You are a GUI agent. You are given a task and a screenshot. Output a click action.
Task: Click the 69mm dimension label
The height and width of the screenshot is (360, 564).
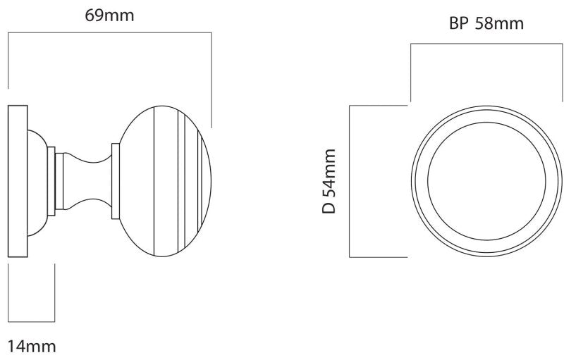click(109, 15)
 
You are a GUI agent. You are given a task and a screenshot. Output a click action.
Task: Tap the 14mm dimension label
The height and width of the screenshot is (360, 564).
click(32, 347)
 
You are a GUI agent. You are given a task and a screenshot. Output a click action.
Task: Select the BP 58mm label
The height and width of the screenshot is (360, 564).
click(486, 23)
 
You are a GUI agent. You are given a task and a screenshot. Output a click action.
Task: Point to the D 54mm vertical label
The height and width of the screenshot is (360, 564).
click(329, 181)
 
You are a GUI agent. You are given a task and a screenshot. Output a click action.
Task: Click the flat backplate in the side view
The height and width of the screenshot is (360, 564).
click(18, 181)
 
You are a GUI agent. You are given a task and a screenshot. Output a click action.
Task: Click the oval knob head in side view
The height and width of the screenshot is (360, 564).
click(165, 181)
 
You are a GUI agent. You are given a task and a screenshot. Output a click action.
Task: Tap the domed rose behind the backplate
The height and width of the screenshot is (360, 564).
click(37, 182)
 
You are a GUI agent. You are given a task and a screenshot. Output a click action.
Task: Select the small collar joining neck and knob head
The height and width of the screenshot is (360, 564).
click(116, 181)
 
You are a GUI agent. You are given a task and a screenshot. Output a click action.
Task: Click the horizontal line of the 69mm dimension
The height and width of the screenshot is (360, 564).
click(110, 32)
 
